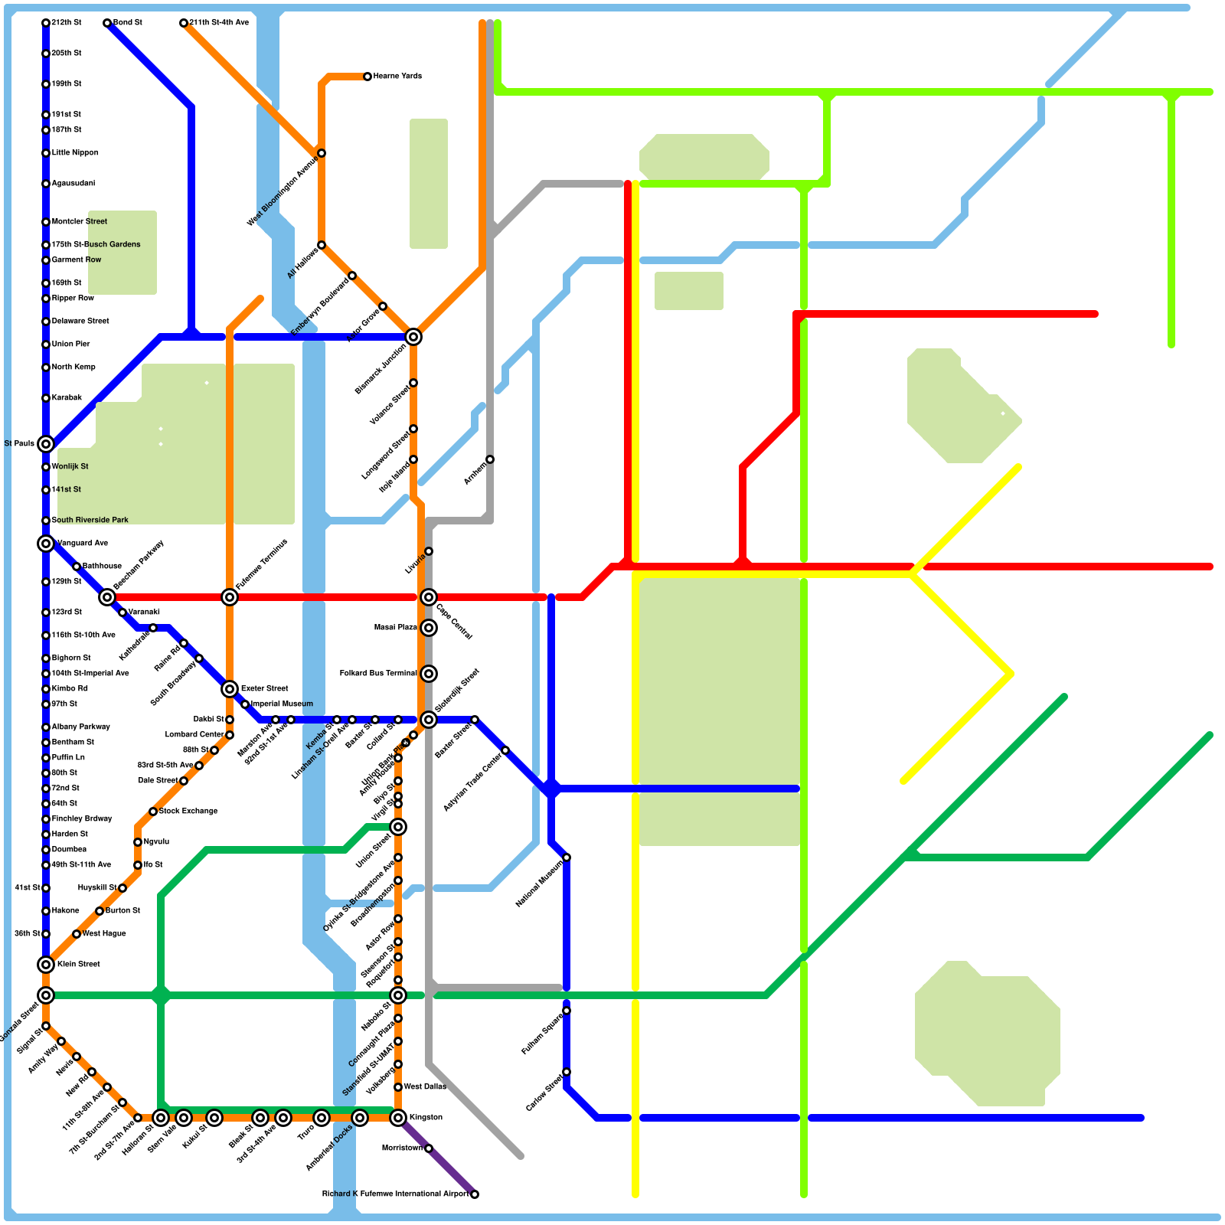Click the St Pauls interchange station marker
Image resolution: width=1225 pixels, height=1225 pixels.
click(46, 444)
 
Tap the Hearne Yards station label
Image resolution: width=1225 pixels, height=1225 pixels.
click(397, 77)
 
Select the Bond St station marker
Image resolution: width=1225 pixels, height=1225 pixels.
click(107, 23)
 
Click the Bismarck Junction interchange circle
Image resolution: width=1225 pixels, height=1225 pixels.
click(413, 337)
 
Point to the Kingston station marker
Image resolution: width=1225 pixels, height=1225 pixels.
click(398, 1118)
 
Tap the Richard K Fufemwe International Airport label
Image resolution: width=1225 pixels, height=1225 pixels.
click(395, 1194)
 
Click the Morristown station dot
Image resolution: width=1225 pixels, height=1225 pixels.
click(429, 1148)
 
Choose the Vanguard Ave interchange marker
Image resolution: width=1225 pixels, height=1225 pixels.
click(46, 544)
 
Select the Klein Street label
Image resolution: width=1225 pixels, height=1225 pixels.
click(78, 965)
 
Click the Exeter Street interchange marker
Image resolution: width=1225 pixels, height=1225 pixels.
click(230, 689)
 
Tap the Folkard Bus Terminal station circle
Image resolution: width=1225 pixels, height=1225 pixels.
click(429, 674)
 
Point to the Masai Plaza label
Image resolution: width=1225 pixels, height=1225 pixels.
click(395, 628)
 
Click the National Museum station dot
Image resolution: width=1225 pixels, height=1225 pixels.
click(567, 857)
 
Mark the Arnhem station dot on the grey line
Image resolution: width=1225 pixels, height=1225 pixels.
click(490, 459)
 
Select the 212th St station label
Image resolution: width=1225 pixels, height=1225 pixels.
click(67, 23)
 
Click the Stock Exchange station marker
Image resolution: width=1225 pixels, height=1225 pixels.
click(153, 812)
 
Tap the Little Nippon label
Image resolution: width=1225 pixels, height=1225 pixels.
click(75, 153)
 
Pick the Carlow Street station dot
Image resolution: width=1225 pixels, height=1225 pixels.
click(567, 1072)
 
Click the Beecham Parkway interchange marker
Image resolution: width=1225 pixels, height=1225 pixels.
click(107, 597)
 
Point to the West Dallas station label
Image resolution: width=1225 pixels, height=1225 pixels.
click(424, 1087)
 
